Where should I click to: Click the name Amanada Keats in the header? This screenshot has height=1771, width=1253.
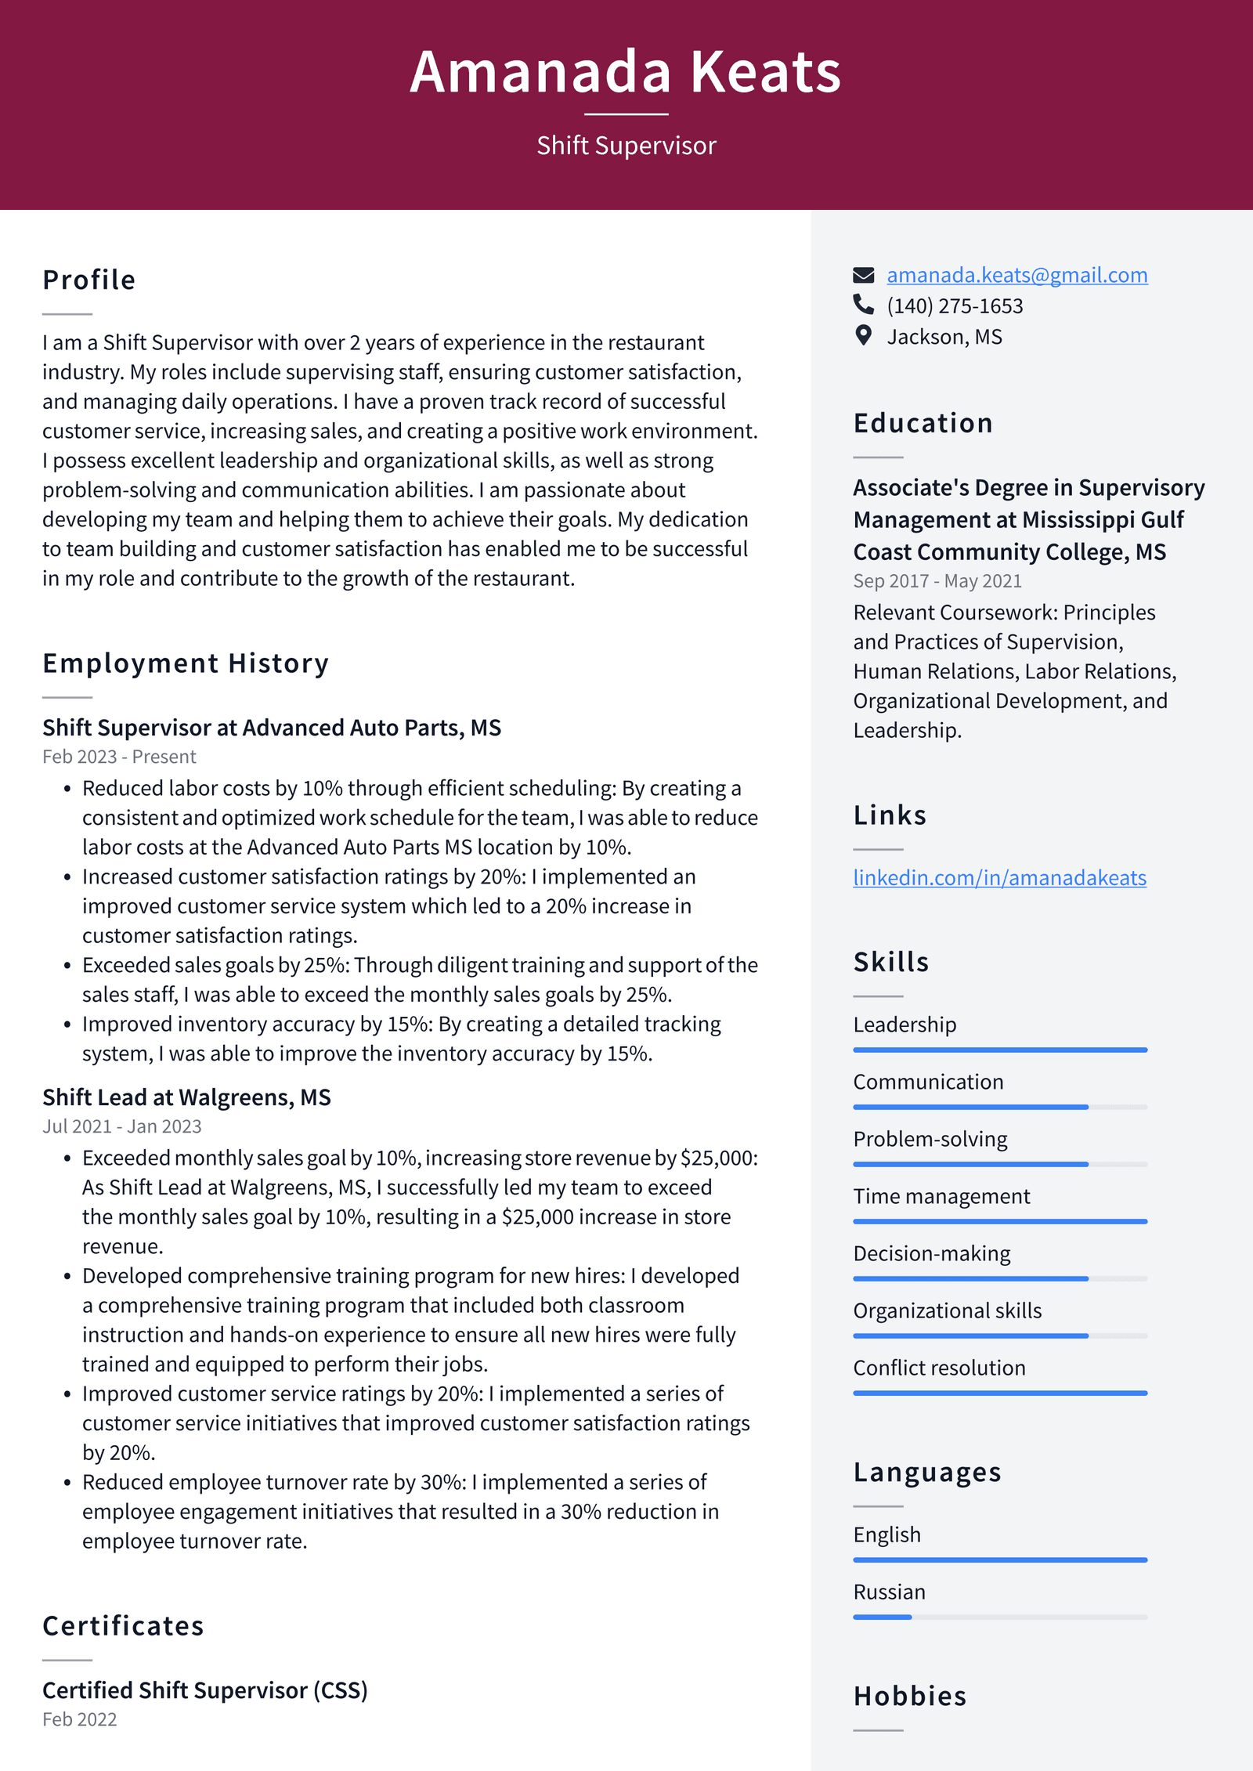(625, 72)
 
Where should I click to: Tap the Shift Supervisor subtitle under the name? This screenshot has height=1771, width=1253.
(626, 146)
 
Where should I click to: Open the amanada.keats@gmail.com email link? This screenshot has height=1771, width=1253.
(1016, 275)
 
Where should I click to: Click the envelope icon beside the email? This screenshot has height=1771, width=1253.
(863, 275)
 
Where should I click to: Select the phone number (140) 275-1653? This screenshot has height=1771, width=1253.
(954, 305)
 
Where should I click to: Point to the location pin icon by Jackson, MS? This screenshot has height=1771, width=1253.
(863, 336)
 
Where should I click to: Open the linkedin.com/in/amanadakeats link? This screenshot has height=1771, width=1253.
(999, 877)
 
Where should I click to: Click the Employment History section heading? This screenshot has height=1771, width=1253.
(186, 663)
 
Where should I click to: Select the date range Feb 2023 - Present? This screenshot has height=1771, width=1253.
(119, 757)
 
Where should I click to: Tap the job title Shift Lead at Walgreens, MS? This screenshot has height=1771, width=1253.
(186, 1097)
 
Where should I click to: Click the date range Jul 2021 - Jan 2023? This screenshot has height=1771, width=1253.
(121, 1126)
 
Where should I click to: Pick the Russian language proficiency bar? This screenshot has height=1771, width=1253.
(999, 1617)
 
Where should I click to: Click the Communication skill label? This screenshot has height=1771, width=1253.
(928, 1082)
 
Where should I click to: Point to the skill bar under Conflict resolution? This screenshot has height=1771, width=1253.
(999, 1393)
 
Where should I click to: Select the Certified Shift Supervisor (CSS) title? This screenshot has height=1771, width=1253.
(204, 1690)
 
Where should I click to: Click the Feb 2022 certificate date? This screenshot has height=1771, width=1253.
(79, 1719)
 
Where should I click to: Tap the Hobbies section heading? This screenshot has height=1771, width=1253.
(909, 1696)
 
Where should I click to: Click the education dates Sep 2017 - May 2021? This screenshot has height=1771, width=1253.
(937, 581)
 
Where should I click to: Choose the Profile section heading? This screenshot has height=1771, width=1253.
(88, 280)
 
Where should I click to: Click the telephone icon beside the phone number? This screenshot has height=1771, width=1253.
(863, 304)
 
